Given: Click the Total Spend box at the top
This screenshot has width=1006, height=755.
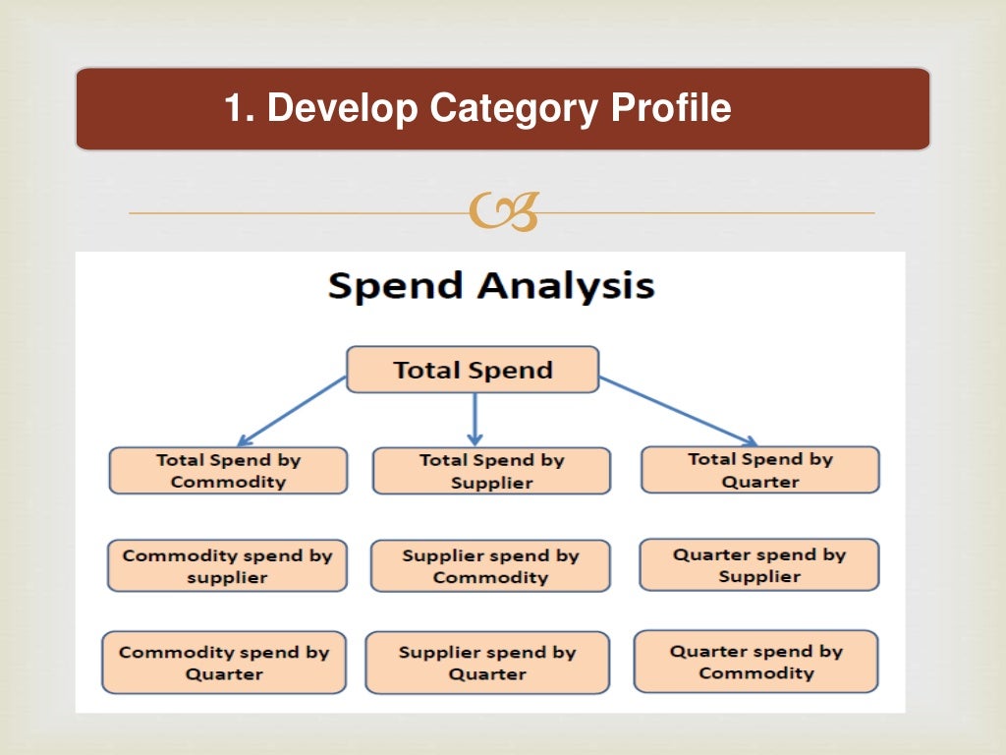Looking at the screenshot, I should pos(473,370).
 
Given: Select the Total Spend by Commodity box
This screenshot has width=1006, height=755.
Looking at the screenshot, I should pos(228,471).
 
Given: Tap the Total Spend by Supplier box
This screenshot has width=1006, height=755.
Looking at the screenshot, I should pos(491,471).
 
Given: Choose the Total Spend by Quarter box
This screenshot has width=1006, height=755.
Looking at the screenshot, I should pos(759,470).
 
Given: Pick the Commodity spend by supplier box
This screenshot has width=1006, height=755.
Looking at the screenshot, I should pos(227,566).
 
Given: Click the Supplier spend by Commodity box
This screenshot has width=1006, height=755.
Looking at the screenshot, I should pos(490,566).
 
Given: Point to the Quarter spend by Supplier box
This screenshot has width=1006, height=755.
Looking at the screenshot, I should pos(759,565).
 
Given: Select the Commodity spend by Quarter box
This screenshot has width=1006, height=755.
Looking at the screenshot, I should pos(224,663).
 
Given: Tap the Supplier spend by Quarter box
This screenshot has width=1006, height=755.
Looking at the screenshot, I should pos(487,663).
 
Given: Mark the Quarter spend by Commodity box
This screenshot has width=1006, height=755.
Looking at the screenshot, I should pos(755,662).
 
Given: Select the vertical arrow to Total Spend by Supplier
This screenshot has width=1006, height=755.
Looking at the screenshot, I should pos(475,418).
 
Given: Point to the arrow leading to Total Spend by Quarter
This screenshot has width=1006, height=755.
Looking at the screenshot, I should pos(678,411).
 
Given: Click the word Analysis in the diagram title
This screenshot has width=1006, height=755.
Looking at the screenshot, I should pos(566,286).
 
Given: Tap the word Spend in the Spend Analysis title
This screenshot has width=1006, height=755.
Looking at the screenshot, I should pos(396,286).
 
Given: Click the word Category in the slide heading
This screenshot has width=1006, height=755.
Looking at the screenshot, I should pos(512,108).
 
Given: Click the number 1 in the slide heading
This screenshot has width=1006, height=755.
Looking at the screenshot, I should pos(234,108).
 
